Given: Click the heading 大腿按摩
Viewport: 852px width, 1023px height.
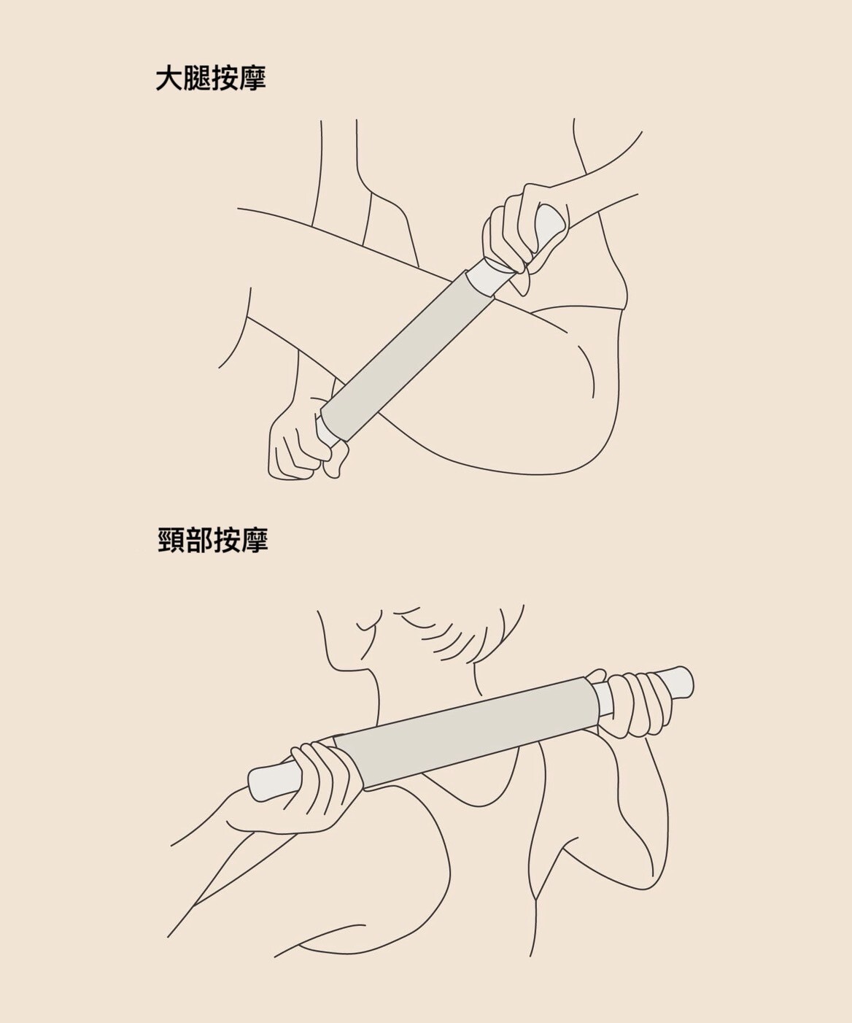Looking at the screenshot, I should pyautogui.click(x=211, y=80).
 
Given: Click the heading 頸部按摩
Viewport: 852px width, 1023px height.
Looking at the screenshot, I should pyautogui.click(x=212, y=541).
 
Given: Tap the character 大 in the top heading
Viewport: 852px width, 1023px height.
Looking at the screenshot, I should pyautogui.click(x=169, y=80).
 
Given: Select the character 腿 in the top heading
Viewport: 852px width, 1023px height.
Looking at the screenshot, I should pyautogui.click(x=197, y=80).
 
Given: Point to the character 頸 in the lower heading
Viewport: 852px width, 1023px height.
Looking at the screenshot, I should pyautogui.click(x=171, y=541).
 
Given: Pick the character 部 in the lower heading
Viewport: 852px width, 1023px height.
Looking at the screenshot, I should pyautogui.click(x=198, y=541).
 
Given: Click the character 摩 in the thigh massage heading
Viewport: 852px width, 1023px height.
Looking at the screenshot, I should pyautogui.click(x=252, y=80).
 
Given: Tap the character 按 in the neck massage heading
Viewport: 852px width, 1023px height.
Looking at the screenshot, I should pyautogui.click(x=226, y=541).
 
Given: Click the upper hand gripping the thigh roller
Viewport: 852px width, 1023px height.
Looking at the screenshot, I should pyautogui.click(x=514, y=230).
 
